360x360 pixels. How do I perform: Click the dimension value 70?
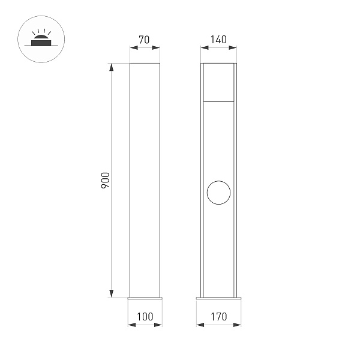pos(145,40)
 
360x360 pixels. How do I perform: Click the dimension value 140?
pos(218,40)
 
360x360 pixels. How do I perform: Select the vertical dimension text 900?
pos(104,180)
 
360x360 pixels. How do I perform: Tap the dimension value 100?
pos(145,316)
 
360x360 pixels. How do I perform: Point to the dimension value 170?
pos(218,316)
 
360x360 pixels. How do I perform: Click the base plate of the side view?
pos(145,298)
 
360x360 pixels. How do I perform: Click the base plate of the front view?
pos(218,298)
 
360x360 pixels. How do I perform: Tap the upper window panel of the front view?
pos(218,82)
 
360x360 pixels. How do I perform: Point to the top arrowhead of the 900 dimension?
pos(111,67)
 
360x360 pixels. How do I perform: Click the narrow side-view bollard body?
pos(145,180)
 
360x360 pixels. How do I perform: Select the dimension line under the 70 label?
pos(145,50)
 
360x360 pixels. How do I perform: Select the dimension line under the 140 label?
pos(218,50)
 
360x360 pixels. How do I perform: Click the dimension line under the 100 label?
pos(145,325)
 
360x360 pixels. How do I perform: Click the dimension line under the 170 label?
pos(218,325)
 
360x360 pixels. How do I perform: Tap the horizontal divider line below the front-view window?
pos(218,102)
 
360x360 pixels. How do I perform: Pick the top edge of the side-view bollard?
pos(145,62)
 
